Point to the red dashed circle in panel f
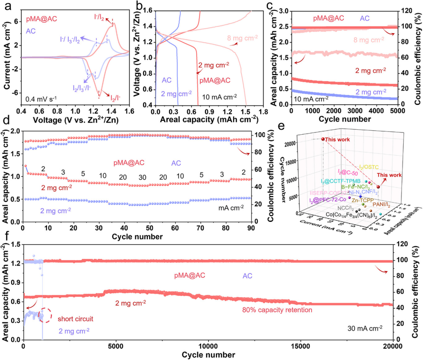click(45, 315)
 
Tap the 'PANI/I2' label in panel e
click(382, 204)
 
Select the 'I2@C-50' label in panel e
click(348, 172)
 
